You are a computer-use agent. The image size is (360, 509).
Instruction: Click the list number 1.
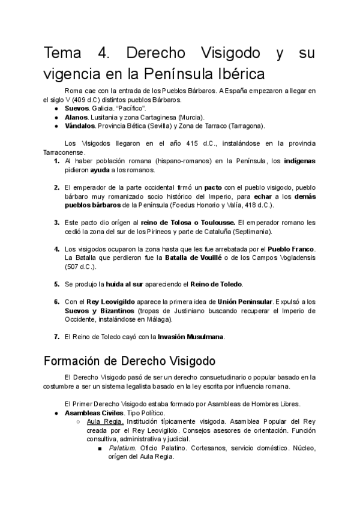[x=56, y=161]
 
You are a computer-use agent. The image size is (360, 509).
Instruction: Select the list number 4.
[x=56, y=248]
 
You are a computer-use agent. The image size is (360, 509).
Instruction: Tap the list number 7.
[x=56, y=337]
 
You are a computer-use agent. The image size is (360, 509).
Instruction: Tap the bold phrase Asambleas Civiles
[x=94, y=413]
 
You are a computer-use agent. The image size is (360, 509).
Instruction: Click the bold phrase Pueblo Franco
[x=292, y=248]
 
